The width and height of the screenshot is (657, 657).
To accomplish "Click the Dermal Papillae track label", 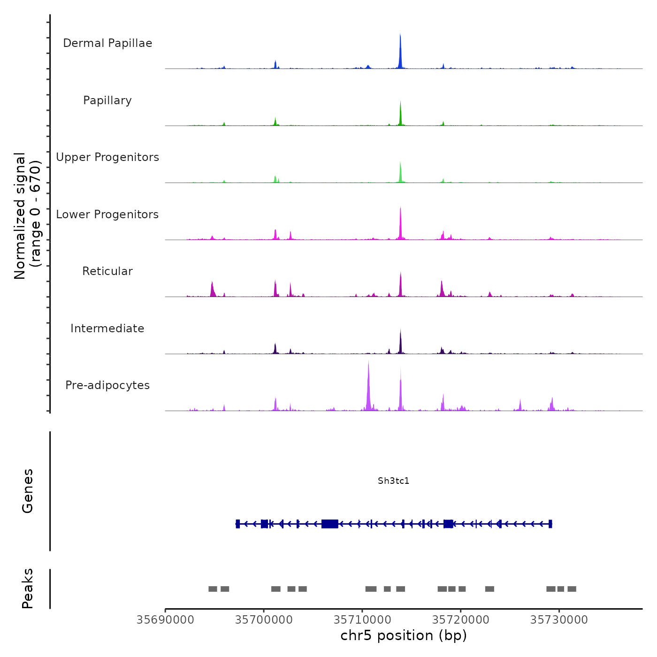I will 107,43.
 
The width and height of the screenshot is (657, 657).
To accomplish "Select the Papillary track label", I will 107,100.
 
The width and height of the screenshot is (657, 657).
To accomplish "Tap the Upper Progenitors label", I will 107,157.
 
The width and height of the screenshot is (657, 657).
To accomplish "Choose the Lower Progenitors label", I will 107,214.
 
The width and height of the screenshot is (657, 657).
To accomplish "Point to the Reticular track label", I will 107,271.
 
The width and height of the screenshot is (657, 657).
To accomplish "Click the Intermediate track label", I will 107,328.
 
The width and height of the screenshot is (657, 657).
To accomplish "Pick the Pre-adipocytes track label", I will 107,385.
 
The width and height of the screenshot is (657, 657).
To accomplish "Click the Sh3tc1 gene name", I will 393,481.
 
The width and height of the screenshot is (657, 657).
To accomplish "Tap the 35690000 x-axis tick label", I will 165,620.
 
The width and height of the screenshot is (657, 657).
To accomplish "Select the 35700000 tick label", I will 264,620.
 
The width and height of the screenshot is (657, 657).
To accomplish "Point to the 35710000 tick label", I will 362,620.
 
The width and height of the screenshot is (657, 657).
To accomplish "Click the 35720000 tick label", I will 461,620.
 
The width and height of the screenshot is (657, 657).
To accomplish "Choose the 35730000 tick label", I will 559,620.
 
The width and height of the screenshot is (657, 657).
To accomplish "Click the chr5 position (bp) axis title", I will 404,635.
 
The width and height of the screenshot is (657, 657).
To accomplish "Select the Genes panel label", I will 27,491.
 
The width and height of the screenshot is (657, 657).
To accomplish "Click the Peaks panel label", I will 27,588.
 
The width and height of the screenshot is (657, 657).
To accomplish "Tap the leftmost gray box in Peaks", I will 213,589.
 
